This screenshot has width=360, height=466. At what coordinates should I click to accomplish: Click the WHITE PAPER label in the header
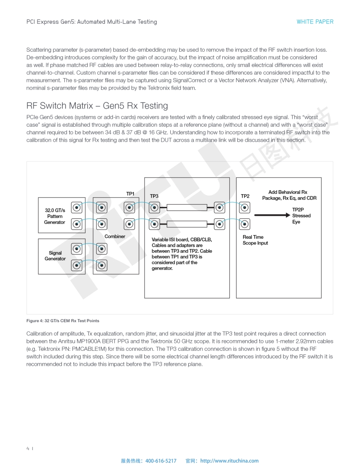click(315, 22)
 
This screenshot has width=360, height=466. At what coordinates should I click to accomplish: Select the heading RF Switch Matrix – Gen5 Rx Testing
click(97, 106)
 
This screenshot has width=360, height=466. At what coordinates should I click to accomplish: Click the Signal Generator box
click(55, 256)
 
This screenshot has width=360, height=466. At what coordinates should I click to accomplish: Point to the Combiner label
click(115, 237)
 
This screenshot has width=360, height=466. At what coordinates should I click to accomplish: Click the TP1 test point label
click(130, 194)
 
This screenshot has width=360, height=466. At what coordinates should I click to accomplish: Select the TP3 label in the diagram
click(154, 196)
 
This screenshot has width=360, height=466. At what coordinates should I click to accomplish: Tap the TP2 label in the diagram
click(245, 196)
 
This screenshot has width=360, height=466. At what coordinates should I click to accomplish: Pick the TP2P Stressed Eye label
click(301, 216)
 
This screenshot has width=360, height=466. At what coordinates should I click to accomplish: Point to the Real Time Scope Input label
click(255, 240)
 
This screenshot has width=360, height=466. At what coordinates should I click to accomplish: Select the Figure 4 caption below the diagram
click(63, 320)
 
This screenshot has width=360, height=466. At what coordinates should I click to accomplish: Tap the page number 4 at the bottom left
click(28, 448)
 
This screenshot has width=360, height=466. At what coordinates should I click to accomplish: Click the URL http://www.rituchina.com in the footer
click(229, 461)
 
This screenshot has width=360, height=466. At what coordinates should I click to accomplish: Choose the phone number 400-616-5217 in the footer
click(161, 461)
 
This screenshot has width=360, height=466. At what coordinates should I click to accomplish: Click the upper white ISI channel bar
click(187, 207)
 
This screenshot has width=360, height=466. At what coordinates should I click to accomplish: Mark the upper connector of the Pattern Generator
click(77, 207)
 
